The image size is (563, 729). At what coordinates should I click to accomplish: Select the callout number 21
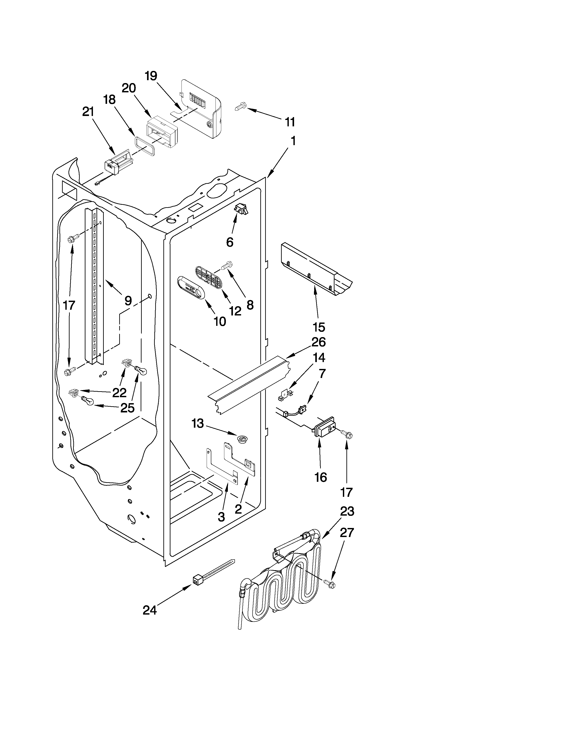click(88, 112)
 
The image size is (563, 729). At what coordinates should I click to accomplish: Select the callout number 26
click(319, 342)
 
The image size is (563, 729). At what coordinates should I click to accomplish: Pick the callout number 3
click(221, 517)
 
